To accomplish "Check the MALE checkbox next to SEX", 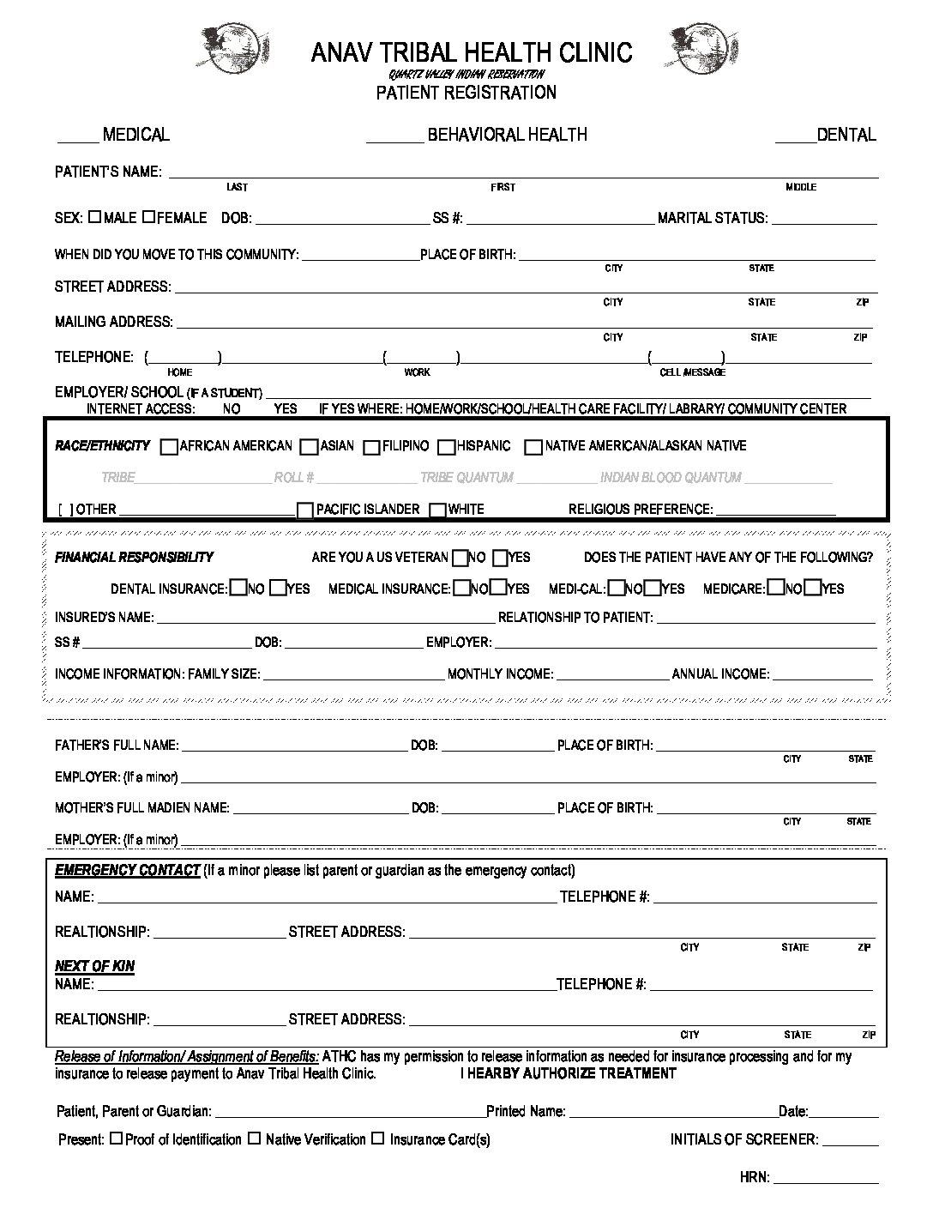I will click(x=94, y=217).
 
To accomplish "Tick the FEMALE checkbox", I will click(x=148, y=217).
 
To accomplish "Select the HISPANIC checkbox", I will click(x=446, y=447).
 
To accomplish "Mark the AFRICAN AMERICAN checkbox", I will click(x=170, y=447).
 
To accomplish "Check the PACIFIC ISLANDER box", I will click(x=304, y=510).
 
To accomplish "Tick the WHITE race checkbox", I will click(x=437, y=510).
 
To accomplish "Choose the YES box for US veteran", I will click(x=501, y=559).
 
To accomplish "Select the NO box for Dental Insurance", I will click(x=237, y=589).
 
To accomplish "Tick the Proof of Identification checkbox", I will click(x=117, y=1139).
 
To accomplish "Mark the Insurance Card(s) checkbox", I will click(x=378, y=1139).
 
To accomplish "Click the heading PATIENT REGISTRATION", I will click(x=466, y=93).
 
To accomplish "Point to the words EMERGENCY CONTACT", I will click(x=127, y=870).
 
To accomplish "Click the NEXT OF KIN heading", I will click(x=94, y=966).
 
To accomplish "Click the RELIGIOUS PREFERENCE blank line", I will click(x=775, y=515).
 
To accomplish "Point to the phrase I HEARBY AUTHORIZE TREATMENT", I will click(x=568, y=1073).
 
